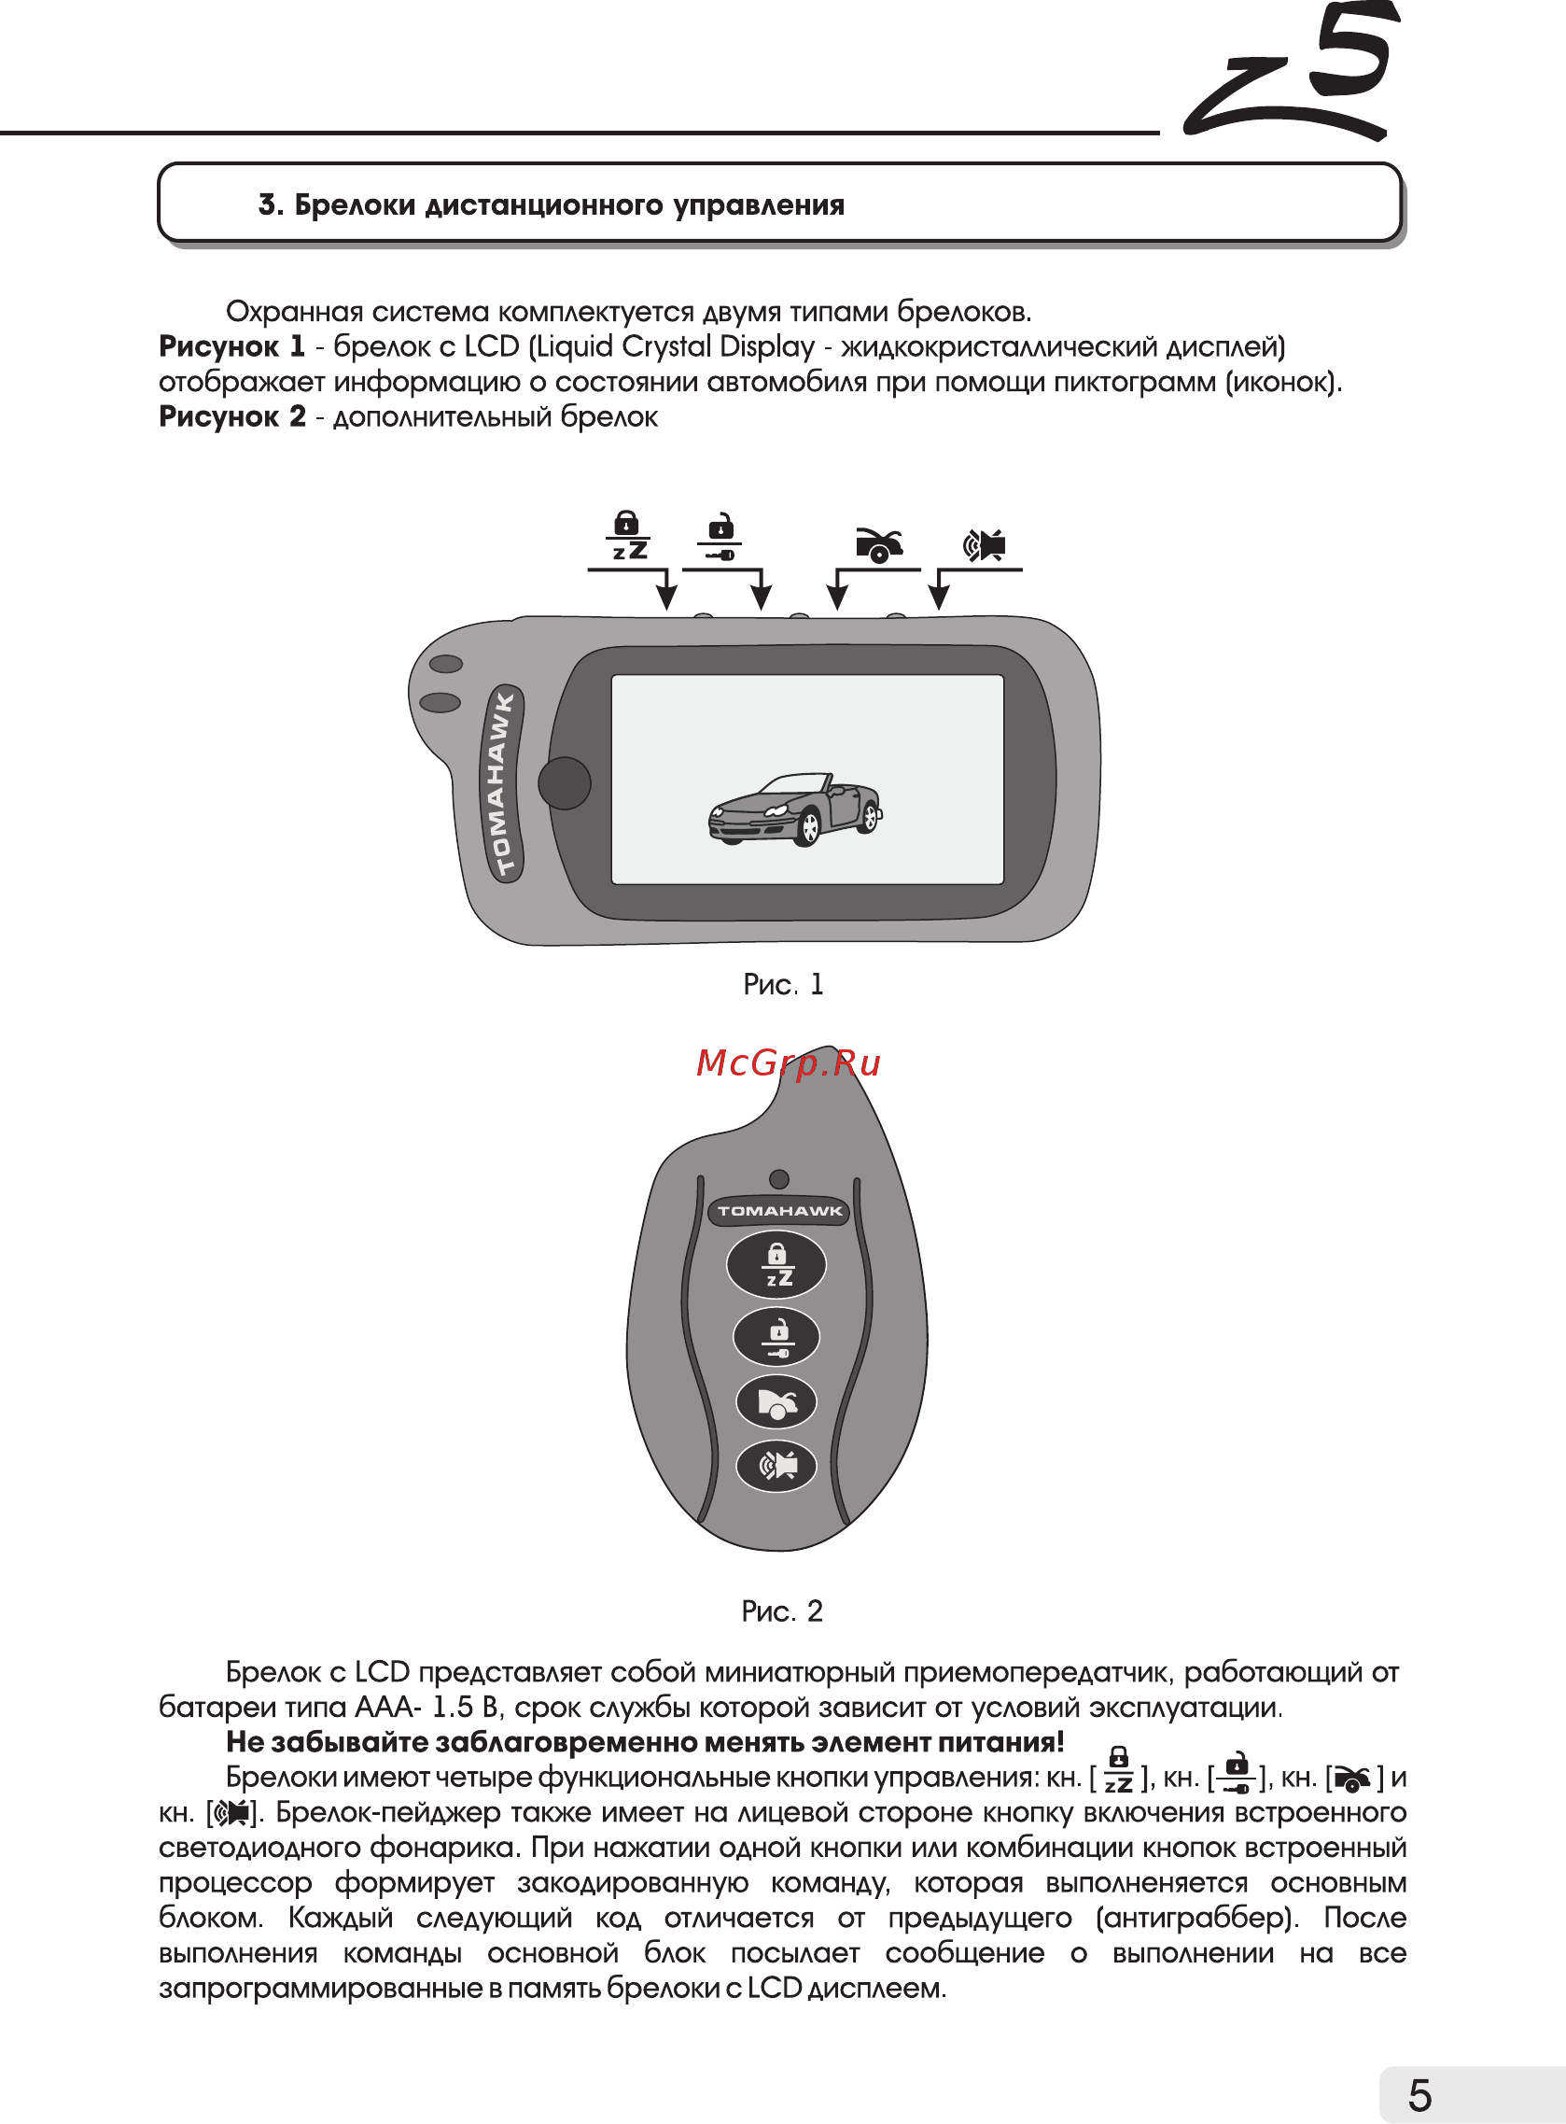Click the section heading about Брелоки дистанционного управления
click(x=551, y=204)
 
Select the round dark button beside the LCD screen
click(x=564, y=783)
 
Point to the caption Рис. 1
click(x=783, y=984)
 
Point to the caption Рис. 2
click(x=782, y=1611)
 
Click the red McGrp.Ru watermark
click(x=789, y=1063)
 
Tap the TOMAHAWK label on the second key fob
click(x=779, y=1211)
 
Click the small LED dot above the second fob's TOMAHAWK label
click(x=779, y=1178)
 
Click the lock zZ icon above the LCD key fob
click(x=628, y=537)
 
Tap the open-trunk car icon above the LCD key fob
click(x=879, y=545)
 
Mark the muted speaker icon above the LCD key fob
click(x=984, y=545)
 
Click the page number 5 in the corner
click(x=1419, y=2095)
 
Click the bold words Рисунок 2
click(x=232, y=416)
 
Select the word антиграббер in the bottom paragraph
click(x=1195, y=1918)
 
